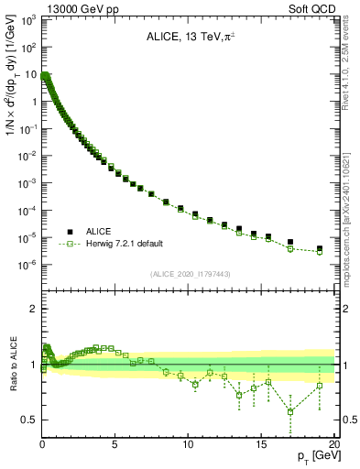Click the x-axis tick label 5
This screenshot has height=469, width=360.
tap(115, 444)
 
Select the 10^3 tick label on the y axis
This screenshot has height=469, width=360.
tap(27, 20)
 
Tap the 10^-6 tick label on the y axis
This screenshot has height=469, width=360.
tap(27, 265)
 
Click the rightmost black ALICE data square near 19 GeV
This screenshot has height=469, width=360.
tap(319, 248)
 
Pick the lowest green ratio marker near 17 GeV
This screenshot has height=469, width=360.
tap(290, 411)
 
